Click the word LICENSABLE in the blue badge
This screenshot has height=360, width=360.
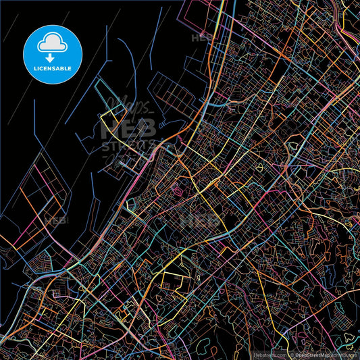tap(53, 69)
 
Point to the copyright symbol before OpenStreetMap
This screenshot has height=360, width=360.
tap(291, 353)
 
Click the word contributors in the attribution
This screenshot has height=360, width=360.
tap(344, 353)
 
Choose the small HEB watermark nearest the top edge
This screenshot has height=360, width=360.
tap(203, 38)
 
